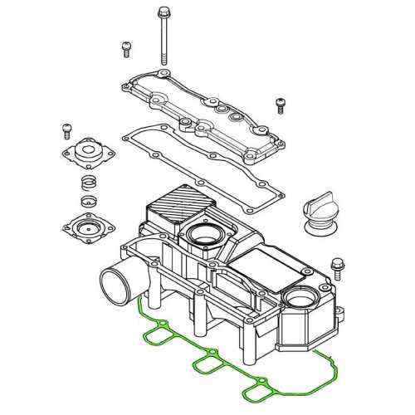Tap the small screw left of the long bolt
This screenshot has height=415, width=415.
click(x=127, y=47)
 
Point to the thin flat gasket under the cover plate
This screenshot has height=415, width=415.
click(x=199, y=158)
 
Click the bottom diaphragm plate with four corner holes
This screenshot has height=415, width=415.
click(x=85, y=225)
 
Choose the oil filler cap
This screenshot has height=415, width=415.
click(x=320, y=209)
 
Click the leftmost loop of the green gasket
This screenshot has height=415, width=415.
click(x=159, y=336)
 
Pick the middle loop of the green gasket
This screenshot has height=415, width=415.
click(x=207, y=365)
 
